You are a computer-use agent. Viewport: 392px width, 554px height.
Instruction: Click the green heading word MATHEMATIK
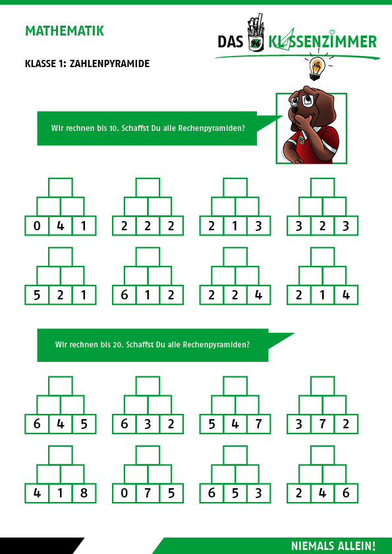[65, 31]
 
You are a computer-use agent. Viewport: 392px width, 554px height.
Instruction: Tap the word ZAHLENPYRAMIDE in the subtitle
[109, 64]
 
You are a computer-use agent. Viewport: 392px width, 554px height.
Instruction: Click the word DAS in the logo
[231, 42]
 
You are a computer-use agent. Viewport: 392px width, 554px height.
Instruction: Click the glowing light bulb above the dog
[316, 68]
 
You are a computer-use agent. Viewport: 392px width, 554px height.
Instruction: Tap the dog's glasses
[302, 101]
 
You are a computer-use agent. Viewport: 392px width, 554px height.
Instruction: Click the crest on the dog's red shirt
[302, 139]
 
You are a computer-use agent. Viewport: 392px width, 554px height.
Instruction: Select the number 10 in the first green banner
[113, 128]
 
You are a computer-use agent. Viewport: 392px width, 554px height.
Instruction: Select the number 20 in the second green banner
[118, 345]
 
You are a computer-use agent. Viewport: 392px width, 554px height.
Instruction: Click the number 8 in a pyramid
[84, 493]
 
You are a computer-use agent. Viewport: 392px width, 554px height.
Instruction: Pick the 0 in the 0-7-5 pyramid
[124, 493]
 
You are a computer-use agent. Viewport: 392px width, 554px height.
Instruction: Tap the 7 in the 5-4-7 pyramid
[259, 424]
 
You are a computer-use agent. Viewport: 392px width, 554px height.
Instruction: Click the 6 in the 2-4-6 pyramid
[346, 493]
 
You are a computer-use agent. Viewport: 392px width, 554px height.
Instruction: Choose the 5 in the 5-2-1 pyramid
[37, 295]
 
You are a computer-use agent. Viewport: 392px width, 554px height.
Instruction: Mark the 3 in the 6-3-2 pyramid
[148, 424]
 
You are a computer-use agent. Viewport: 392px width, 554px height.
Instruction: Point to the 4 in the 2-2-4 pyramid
[259, 295]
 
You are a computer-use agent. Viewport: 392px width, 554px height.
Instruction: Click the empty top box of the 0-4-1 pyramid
[61, 188]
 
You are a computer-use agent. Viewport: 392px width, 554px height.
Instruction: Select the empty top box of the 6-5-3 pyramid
[235, 455]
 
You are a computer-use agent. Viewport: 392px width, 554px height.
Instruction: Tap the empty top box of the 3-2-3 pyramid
[323, 188]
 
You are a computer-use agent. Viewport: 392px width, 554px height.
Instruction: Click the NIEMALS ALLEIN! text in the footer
[333, 546]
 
